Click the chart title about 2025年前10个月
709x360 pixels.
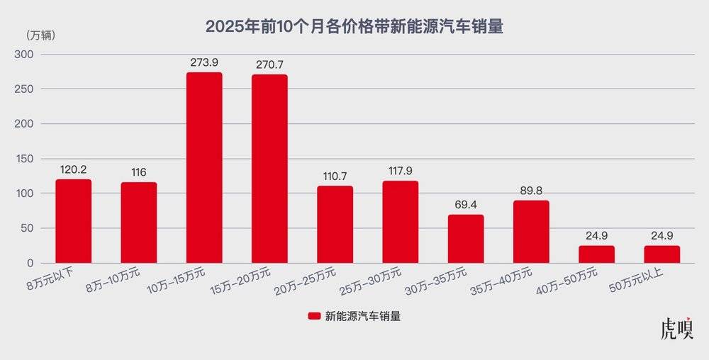[354, 27]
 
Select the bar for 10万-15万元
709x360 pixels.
[204, 168]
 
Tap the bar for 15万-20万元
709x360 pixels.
[269, 169]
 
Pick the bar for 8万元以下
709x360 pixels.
[74, 221]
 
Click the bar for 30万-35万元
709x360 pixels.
[466, 239]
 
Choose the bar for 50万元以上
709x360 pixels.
[661, 254]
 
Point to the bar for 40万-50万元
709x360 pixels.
[596, 254]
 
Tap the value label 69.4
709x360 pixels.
[466, 205]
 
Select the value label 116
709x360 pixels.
[139, 172]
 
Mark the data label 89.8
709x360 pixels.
[531, 191]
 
